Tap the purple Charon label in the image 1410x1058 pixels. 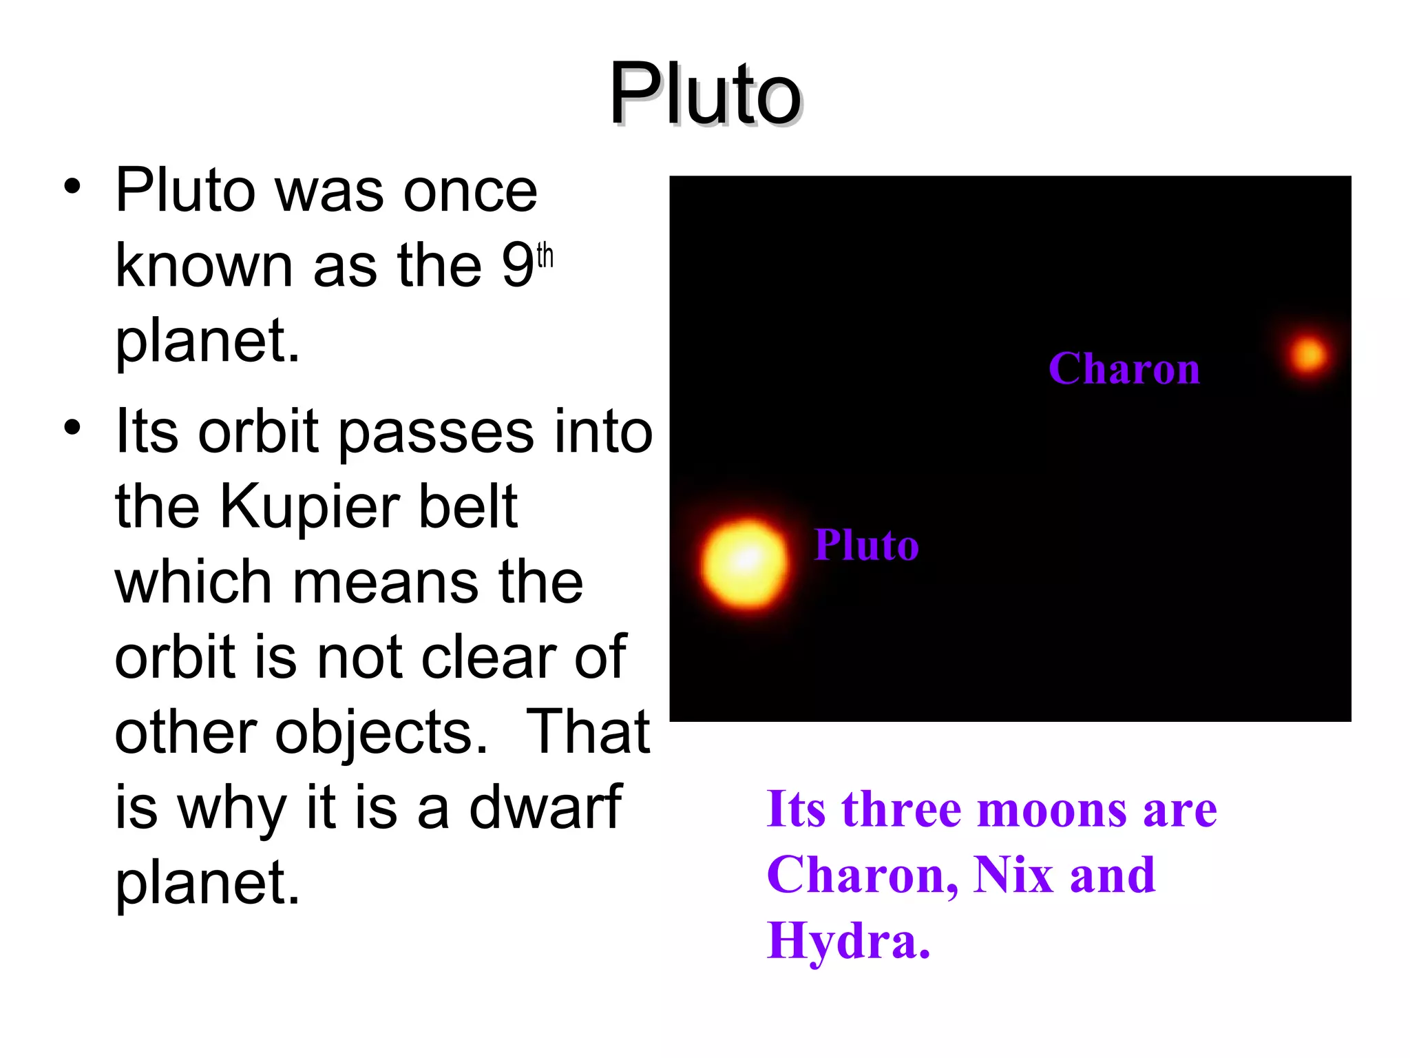point(1124,369)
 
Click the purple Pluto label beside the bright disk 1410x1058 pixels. point(866,545)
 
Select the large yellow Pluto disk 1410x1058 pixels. point(745,563)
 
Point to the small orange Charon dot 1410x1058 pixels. point(1307,355)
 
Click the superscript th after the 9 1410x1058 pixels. point(545,256)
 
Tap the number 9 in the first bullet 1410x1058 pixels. point(517,265)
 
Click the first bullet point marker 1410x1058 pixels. point(72,187)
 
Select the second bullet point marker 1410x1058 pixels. point(72,428)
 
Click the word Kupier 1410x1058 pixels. point(309,508)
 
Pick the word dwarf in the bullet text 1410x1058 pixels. point(545,807)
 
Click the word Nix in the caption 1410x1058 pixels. point(1013,875)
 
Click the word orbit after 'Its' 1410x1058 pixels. point(259,433)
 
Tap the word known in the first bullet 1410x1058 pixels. point(204,265)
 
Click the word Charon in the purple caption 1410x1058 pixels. point(861,875)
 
